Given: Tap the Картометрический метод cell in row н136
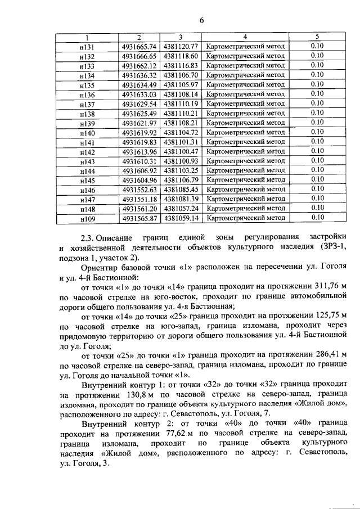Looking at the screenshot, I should (246, 94).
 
